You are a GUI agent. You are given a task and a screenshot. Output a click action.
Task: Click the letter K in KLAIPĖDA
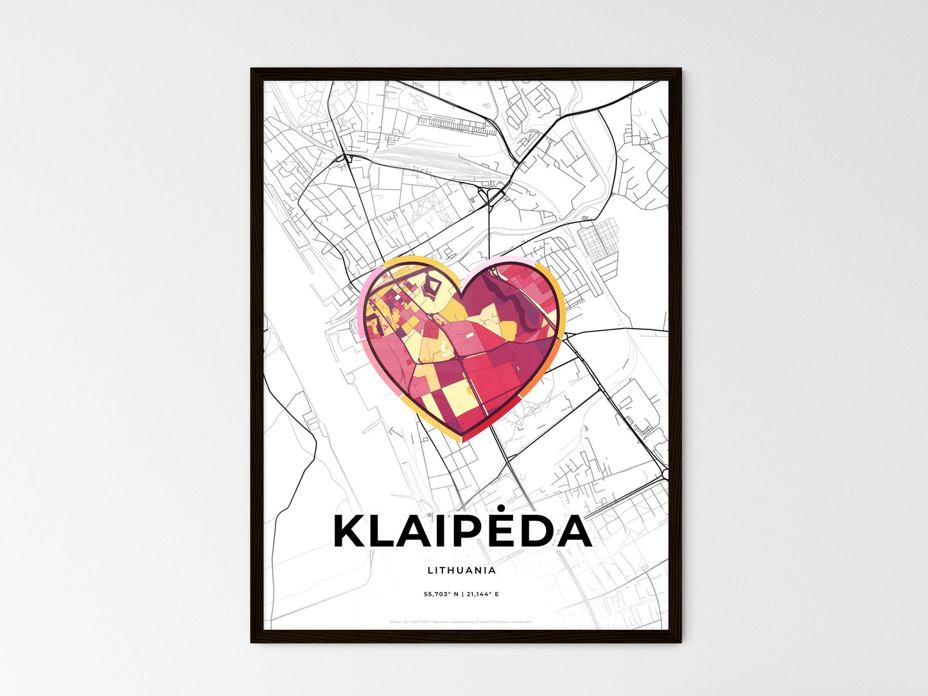tap(349, 532)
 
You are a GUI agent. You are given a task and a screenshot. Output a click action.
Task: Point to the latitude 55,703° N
tap(441, 595)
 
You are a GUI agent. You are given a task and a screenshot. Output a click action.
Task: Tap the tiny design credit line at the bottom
tap(461, 622)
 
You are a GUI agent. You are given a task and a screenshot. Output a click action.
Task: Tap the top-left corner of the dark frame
tap(252, 69)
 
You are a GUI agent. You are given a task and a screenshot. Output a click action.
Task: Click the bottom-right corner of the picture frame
tap(679, 641)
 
